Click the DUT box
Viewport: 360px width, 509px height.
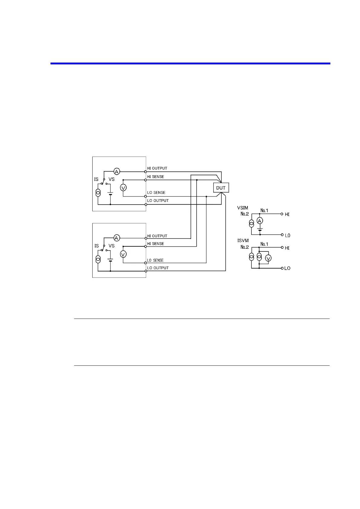pos(221,188)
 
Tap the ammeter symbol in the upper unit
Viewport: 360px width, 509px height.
pos(117,172)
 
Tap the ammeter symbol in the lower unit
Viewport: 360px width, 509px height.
pos(117,238)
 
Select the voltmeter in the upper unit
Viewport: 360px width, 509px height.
pos(123,188)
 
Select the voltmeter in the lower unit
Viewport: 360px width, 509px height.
pos(123,254)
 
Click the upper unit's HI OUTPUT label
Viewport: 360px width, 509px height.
pos(157,168)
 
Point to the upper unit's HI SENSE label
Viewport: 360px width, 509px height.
pos(155,177)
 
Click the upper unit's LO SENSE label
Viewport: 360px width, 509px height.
pos(156,193)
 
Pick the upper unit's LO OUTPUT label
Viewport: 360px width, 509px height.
pos(158,201)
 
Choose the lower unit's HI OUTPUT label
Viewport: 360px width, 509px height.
pos(157,236)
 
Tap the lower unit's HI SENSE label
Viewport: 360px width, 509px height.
pos(155,244)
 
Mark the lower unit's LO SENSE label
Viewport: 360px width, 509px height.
pos(155,260)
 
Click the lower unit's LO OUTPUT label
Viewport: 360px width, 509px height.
pos(158,268)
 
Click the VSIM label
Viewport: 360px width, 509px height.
pos(243,208)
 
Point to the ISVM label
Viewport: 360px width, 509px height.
pos(243,241)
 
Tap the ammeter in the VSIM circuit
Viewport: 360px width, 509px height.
pos(260,221)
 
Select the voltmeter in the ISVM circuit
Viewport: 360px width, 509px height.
pos(268,258)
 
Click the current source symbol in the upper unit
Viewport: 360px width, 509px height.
pos(98,193)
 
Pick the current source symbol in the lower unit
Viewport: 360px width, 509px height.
pos(98,259)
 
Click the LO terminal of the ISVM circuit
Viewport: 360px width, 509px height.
pos(287,268)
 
